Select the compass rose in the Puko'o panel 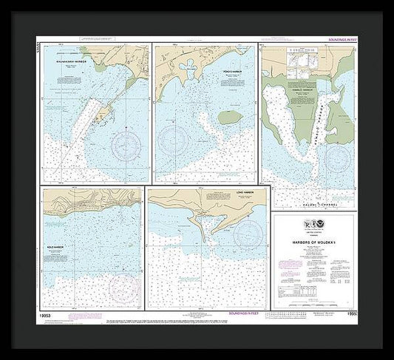coord(175,137)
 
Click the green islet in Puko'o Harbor coord(229,118)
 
